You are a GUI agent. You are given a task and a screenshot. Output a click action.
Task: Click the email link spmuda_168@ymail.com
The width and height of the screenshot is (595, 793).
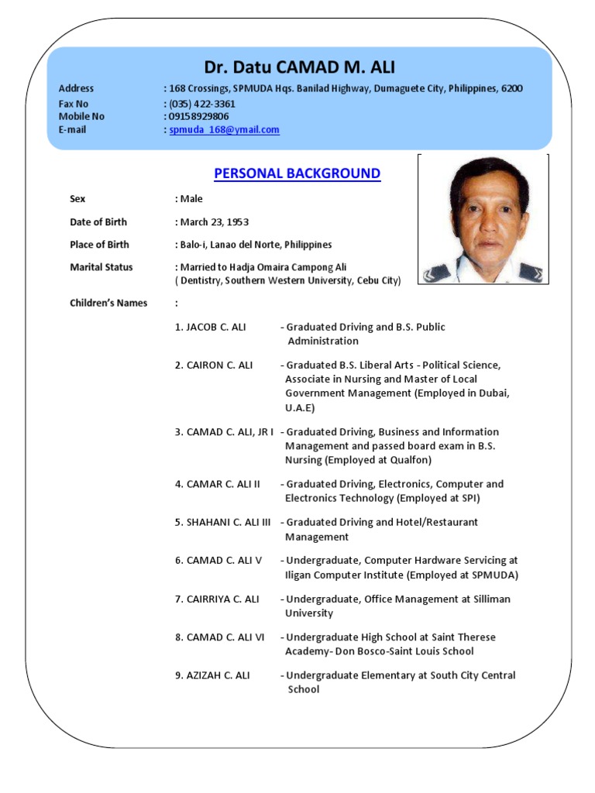pyautogui.click(x=224, y=130)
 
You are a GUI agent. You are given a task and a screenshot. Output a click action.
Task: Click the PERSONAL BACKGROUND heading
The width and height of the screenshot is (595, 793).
pyautogui.click(x=297, y=173)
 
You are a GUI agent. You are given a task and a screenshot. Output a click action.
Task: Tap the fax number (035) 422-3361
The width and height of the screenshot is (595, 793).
pyautogui.click(x=201, y=104)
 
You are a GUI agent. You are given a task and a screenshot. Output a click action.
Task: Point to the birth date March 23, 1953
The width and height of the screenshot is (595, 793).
pyautogui.click(x=215, y=222)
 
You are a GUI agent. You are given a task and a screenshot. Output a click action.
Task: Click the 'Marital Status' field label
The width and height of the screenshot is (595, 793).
pyautogui.click(x=101, y=267)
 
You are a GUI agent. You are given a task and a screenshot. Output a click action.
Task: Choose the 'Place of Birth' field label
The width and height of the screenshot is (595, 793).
pyautogui.click(x=99, y=245)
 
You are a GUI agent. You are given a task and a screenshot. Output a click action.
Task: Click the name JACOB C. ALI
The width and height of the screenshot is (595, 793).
pyautogui.click(x=210, y=327)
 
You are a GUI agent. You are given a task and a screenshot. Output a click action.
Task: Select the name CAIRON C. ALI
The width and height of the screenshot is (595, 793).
pyautogui.click(x=214, y=365)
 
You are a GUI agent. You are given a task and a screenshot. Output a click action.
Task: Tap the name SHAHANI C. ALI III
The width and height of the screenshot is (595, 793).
pyautogui.click(x=222, y=522)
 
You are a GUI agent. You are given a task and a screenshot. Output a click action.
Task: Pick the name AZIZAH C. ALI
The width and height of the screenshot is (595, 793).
pyautogui.click(x=212, y=675)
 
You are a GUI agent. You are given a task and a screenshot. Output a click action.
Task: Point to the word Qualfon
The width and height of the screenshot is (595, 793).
pyautogui.click(x=411, y=460)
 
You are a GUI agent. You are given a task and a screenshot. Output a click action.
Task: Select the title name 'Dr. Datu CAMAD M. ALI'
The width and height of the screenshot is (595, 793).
pyautogui.click(x=299, y=67)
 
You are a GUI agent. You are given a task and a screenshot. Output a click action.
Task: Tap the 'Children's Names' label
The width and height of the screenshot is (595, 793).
pyautogui.click(x=108, y=303)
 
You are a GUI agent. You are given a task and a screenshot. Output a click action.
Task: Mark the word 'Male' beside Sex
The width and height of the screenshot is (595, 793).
pyautogui.click(x=191, y=199)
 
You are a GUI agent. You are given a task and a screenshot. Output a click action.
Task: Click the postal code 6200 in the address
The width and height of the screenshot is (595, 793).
pyautogui.click(x=511, y=88)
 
